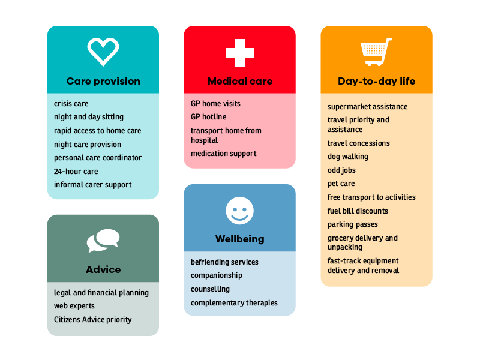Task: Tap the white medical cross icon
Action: point(239,53)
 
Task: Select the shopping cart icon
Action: point(376,52)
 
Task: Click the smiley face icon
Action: point(239,211)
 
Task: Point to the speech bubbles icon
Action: point(103,241)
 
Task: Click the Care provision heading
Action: point(103,81)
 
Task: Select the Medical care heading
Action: point(240,81)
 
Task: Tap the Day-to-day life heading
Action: point(377,81)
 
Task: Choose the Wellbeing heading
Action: point(239,239)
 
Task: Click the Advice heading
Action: point(103,269)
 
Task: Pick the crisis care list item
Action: point(71,104)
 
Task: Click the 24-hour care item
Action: point(76,172)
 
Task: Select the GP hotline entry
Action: point(208,117)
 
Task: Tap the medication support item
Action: point(223,154)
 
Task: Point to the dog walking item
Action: point(348,157)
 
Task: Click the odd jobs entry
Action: point(341,170)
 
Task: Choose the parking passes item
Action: point(353,224)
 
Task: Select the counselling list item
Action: point(210,289)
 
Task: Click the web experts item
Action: point(74,306)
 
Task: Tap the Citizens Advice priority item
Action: point(93,320)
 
